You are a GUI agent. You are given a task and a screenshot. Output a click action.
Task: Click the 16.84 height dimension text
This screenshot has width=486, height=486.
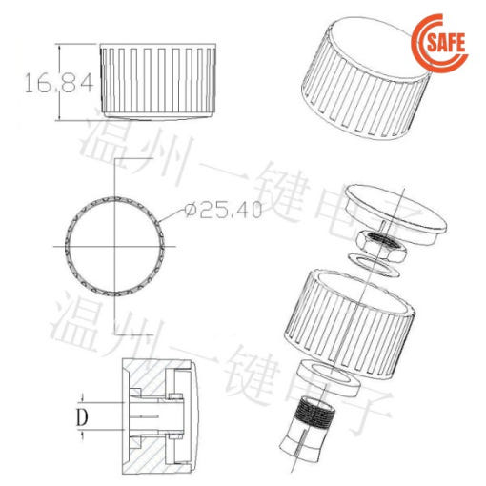[x=59, y=83]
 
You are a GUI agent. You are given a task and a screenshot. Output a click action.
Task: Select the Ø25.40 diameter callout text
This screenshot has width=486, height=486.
[x=224, y=211]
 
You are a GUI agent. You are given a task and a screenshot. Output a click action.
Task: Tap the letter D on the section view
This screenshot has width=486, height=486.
[x=82, y=417]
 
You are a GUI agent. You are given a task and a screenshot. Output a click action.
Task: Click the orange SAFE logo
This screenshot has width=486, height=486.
[x=440, y=41]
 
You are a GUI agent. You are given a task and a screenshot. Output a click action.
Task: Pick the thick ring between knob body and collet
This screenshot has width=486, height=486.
[x=328, y=378]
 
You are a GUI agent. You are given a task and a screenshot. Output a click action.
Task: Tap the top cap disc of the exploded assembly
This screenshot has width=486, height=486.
[x=395, y=214]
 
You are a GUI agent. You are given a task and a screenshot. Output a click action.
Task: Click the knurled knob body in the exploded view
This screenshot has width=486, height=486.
[x=349, y=323]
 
